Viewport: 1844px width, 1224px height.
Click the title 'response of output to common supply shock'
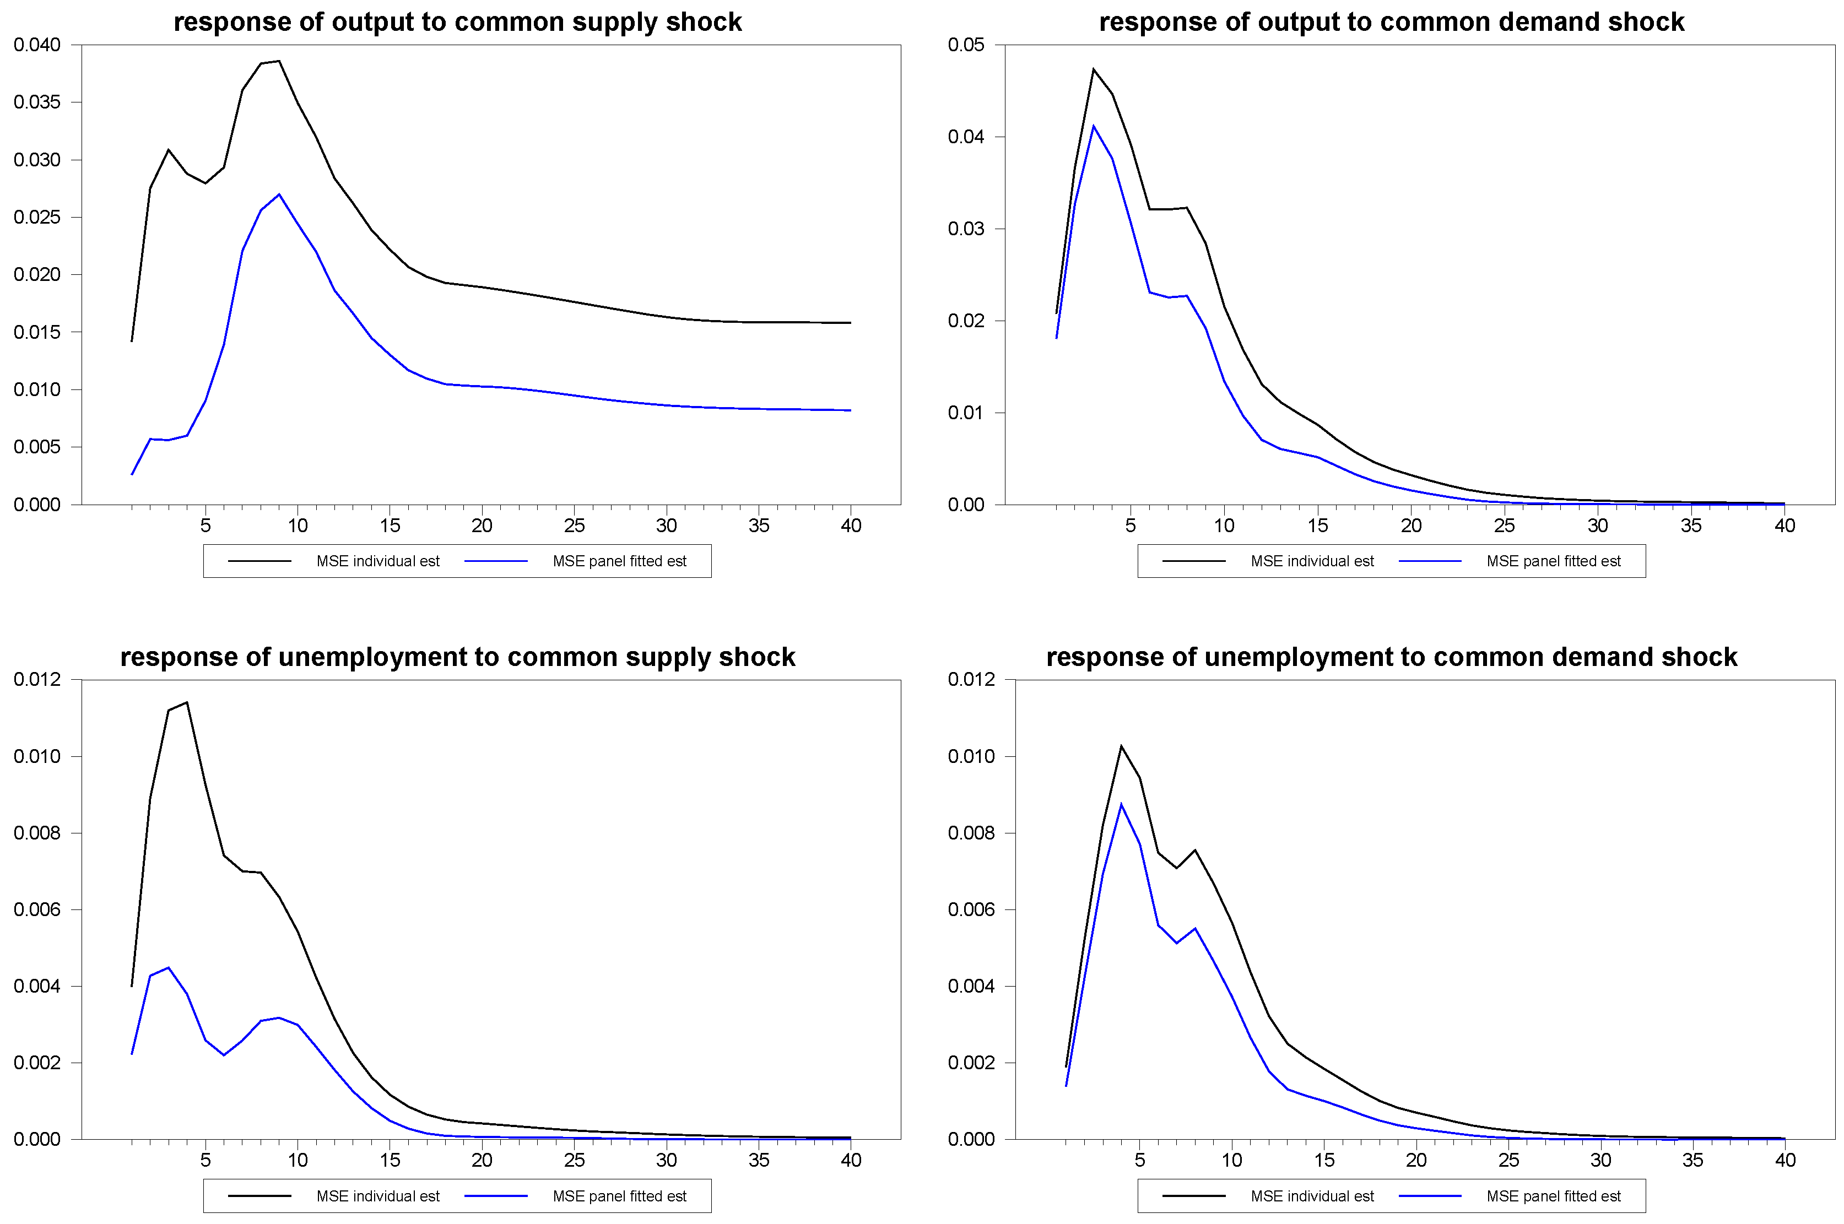457,22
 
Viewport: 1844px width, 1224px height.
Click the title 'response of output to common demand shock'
1391,22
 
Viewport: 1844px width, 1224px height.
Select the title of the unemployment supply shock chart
457,657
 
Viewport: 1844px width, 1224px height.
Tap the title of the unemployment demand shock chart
1391,657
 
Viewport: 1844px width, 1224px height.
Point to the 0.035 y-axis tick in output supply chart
37,102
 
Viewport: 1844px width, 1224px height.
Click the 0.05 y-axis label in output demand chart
966,45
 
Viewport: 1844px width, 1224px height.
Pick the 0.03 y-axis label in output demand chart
966,229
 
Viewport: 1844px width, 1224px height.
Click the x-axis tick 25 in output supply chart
574,526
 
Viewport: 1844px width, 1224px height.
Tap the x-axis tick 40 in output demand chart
1784,526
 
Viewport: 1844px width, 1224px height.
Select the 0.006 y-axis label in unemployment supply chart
37,909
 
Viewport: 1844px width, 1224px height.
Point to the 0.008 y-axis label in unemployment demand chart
971,833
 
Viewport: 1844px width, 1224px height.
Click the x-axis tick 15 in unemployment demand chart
1324,1160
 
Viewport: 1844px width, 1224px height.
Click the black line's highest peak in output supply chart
279,61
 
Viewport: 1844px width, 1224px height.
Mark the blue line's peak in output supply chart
279,194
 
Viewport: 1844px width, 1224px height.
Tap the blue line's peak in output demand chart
1093,126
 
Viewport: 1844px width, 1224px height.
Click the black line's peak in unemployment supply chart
187,702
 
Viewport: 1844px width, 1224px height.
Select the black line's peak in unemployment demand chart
1121,746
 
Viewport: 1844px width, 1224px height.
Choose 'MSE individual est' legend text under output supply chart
378,561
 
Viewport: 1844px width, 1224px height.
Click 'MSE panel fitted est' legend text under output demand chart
1554,561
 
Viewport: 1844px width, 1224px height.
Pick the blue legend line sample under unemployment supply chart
496,1196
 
